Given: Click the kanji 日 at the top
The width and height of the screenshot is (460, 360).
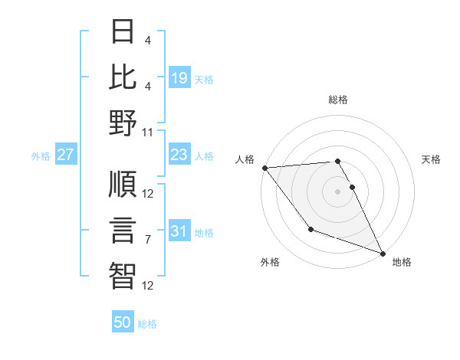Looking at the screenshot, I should (123, 32).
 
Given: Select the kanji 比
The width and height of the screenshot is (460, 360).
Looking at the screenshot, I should (123, 77).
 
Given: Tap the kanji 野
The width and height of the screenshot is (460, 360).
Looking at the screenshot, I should (123, 123).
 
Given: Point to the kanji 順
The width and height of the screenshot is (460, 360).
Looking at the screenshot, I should (123, 185).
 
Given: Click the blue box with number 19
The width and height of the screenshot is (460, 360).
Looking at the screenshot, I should (179, 78).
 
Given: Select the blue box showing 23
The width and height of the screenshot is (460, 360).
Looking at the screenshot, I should (179, 155).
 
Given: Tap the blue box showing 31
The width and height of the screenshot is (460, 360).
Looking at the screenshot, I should (179, 231).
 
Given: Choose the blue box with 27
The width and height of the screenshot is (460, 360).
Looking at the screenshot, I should (66, 155).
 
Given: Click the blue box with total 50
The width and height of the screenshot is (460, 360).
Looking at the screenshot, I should (123, 322).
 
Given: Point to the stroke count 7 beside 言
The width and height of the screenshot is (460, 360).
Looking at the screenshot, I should (149, 240).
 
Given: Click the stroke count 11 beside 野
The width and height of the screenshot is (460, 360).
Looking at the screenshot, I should (149, 132).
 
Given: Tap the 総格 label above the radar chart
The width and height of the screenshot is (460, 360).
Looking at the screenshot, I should (338, 100).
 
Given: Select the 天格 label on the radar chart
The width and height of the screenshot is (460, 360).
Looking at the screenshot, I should (431, 159).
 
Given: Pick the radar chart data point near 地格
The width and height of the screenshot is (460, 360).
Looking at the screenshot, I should (383, 253).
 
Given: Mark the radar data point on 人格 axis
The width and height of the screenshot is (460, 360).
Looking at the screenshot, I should (264, 168).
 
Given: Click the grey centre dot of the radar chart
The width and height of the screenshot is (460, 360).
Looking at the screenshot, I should (338, 191).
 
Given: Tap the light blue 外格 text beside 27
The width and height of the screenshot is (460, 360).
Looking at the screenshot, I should (41, 155).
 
